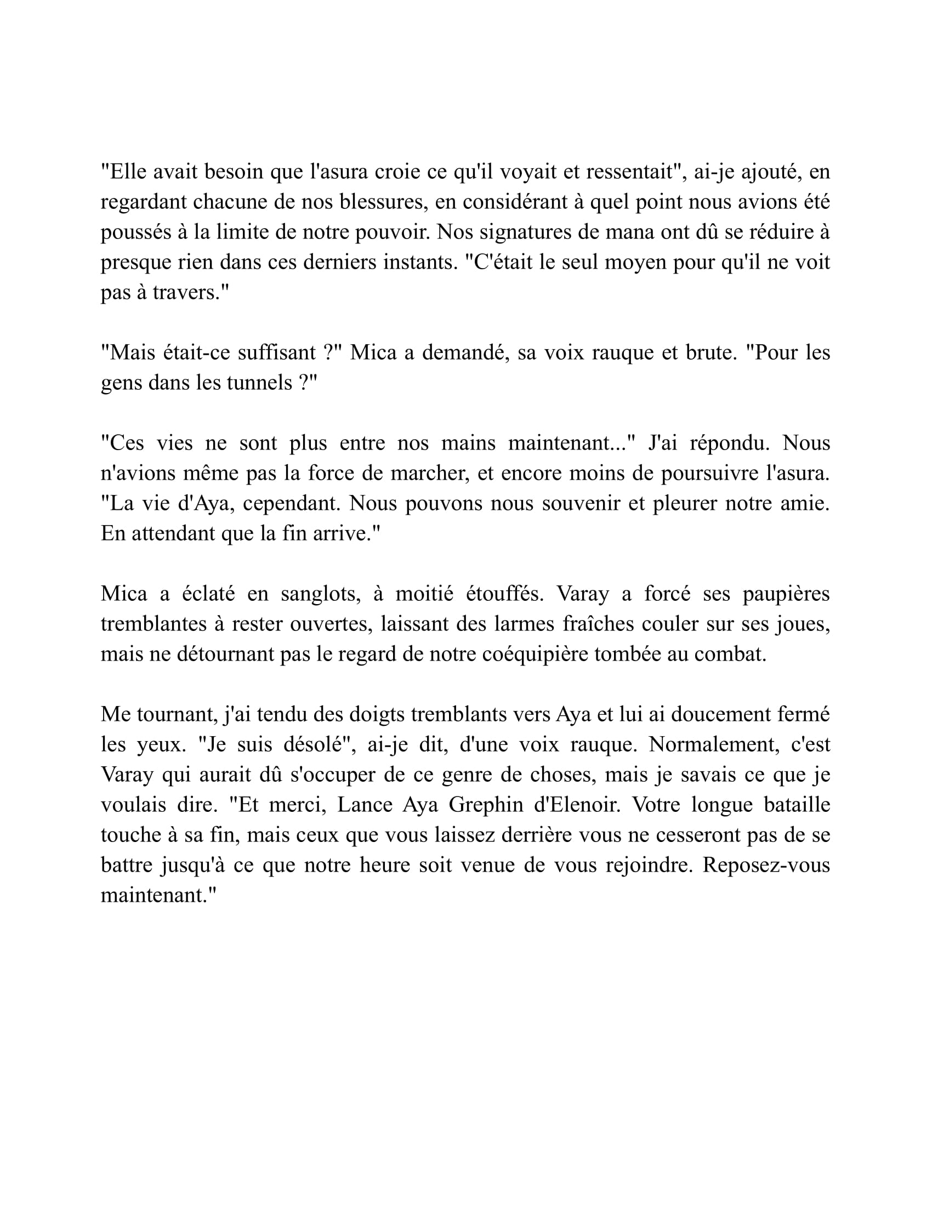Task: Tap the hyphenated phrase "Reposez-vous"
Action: tap(766, 865)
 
